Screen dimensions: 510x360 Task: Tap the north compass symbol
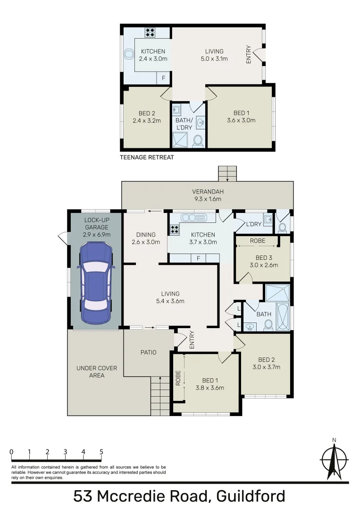[334, 460]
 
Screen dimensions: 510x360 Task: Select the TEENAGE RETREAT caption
[147, 157]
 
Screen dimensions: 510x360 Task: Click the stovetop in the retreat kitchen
[151, 33]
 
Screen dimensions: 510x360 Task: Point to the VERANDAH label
[207, 192]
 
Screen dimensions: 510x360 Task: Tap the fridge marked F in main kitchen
[199, 258]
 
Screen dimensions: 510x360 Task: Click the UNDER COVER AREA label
[91, 372]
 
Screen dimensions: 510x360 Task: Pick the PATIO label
[148, 352]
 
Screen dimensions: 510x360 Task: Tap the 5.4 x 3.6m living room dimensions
[170, 301]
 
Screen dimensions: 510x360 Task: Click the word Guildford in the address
[251, 496]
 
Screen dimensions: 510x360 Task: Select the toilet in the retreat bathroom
[198, 140]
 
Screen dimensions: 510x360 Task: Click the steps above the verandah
[227, 173]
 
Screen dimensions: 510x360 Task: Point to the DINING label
[145, 235]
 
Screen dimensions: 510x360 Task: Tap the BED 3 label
[263, 257]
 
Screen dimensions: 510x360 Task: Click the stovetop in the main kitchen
[174, 229]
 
